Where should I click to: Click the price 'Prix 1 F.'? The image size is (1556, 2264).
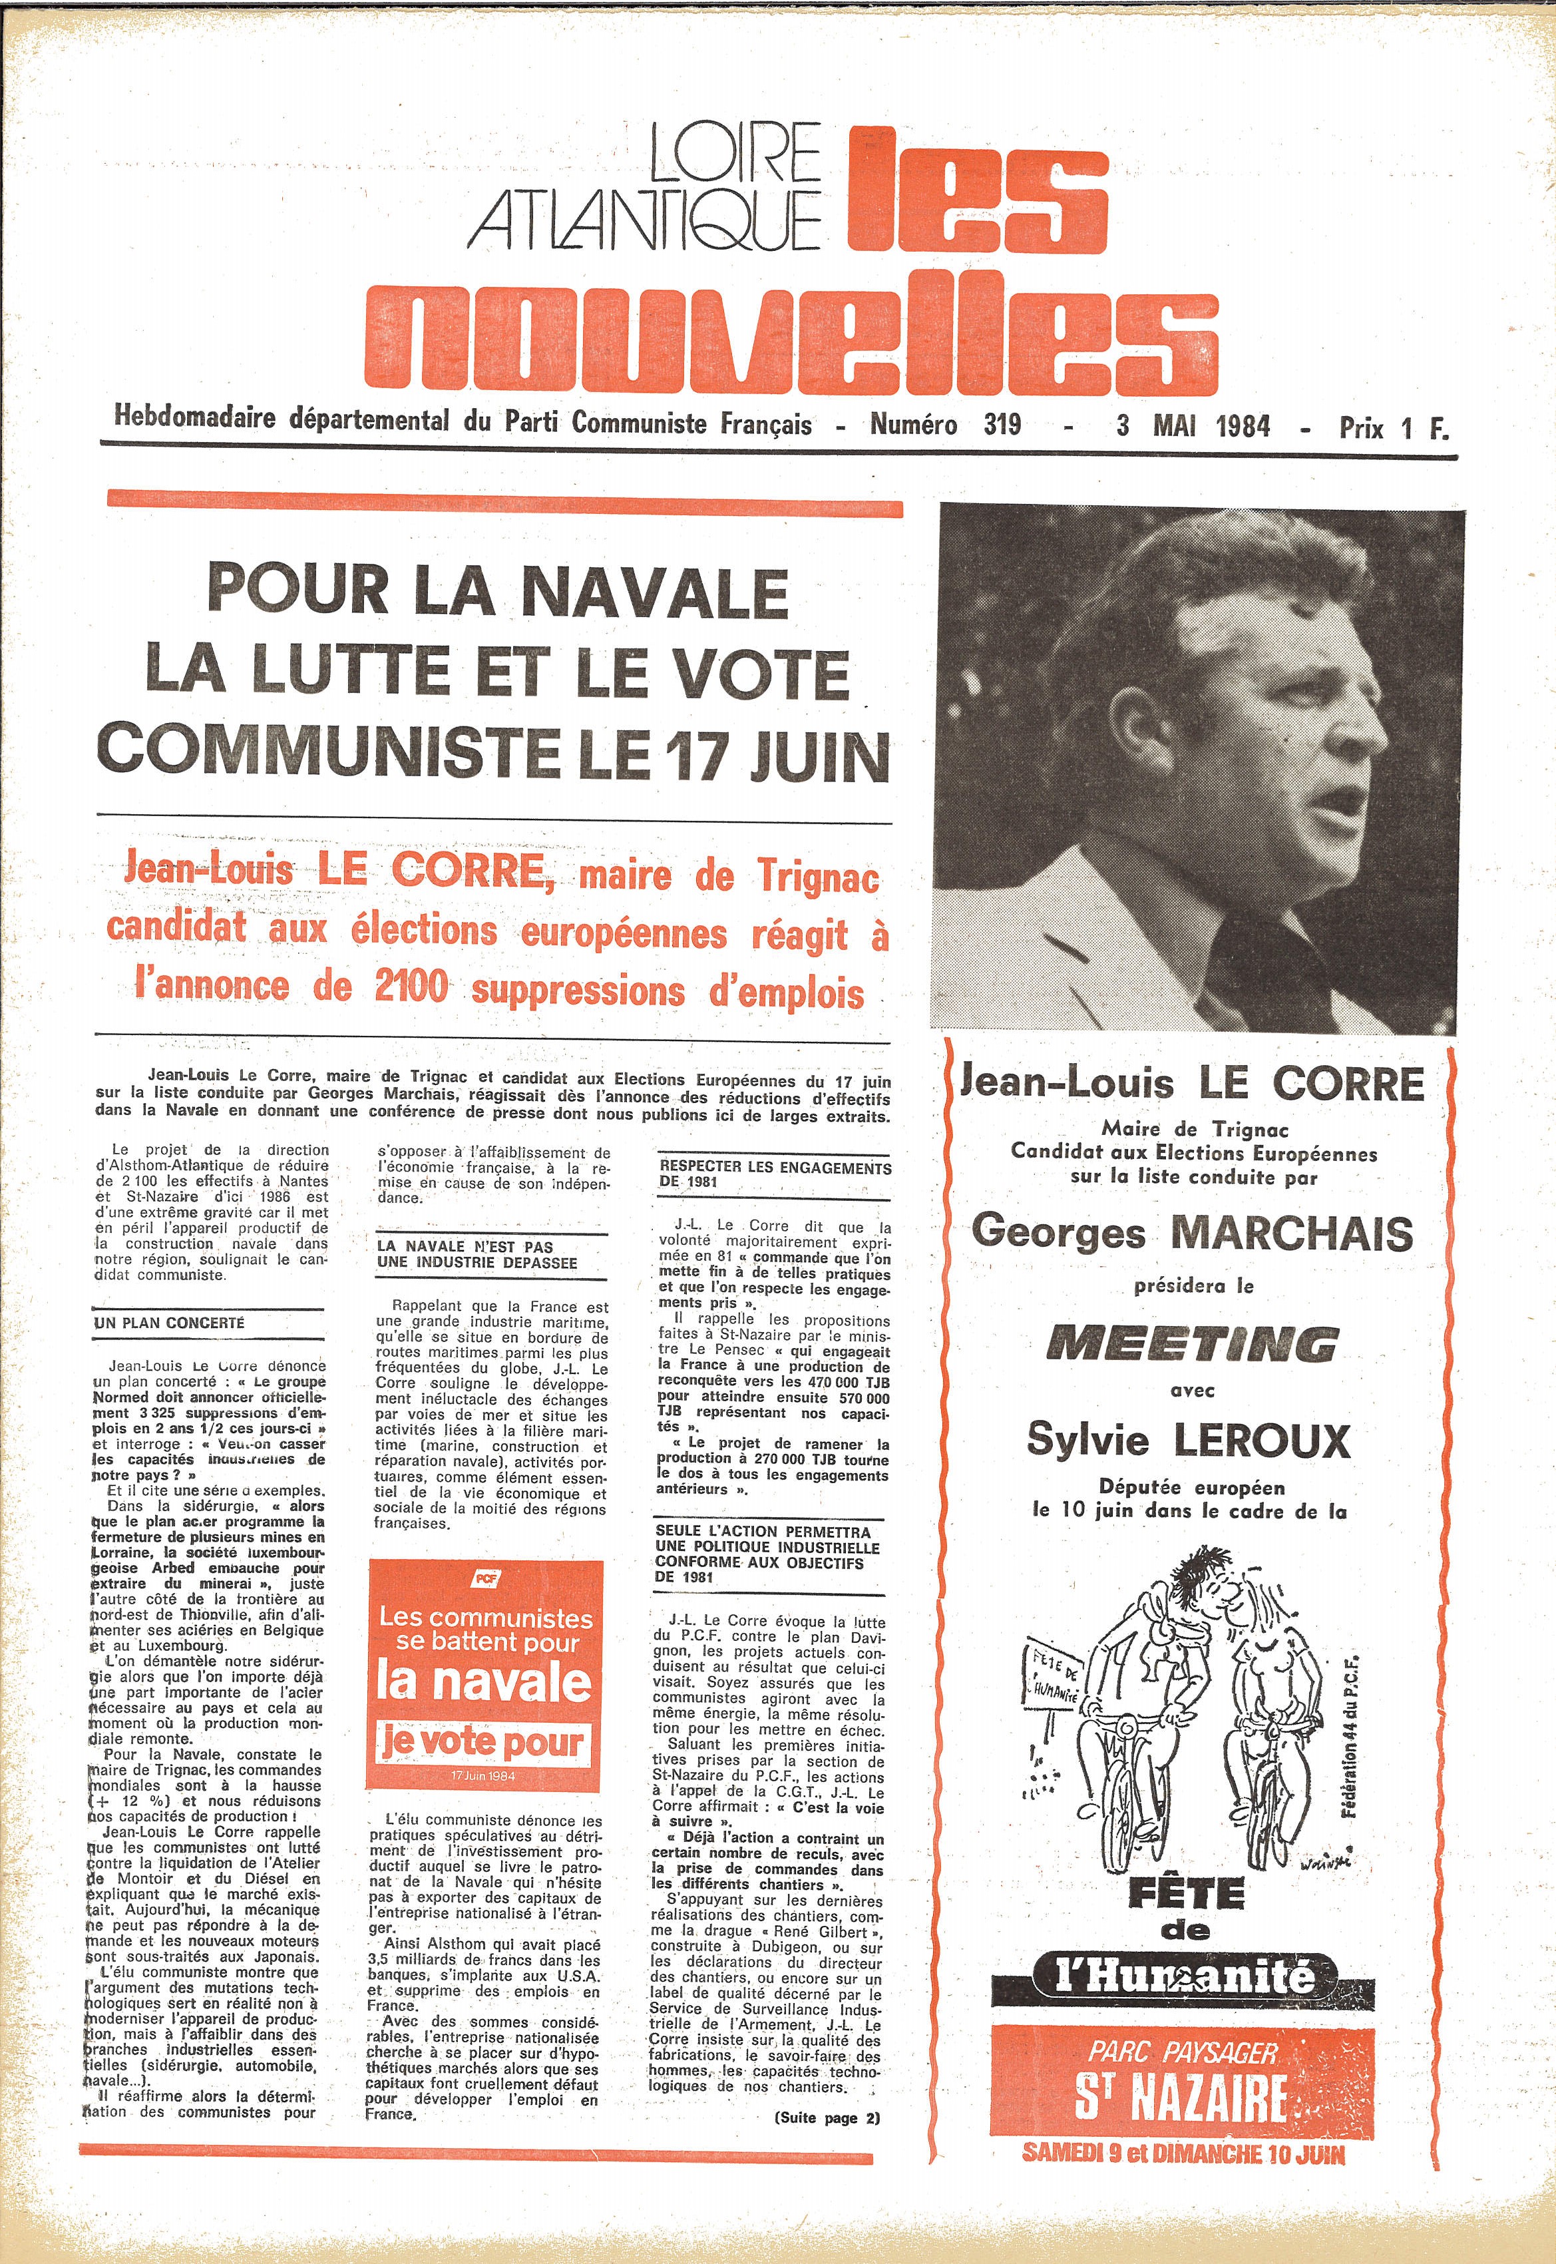(x=1393, y=427)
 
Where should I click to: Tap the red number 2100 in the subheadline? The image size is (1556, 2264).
(x=411, y=987)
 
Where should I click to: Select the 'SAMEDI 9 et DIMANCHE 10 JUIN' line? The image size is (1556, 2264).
(x=1183, y=2153)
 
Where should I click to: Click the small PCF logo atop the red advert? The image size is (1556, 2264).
(x=485, y=1578)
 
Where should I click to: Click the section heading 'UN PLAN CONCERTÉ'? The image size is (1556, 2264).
(x=170, y=1323)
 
